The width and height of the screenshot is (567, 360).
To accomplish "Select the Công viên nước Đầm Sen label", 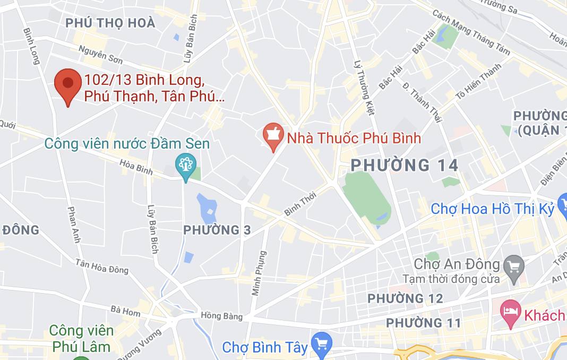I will tap(127, 144).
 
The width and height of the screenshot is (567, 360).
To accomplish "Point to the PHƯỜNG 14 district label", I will tap(405, 165).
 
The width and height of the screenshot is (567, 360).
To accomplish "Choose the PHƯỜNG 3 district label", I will tap(217, 230).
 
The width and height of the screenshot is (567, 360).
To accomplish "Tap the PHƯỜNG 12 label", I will tap(405, 298).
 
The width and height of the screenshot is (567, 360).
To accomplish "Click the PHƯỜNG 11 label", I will tap(423, 322).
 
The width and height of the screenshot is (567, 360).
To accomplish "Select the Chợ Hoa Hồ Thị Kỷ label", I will tap(492, 209).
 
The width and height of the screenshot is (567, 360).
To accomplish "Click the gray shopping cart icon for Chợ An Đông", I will tap(514, 264).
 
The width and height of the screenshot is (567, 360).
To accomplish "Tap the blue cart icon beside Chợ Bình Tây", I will tap(321, 342).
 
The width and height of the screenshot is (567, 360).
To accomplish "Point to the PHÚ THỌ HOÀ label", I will tap(110, 23).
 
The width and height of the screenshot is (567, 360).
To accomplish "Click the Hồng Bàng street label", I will tap(222, 316).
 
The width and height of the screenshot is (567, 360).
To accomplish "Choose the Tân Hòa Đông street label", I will tap(102, 267).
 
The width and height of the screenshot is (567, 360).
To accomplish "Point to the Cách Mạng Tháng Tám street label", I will tap(471, 32).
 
